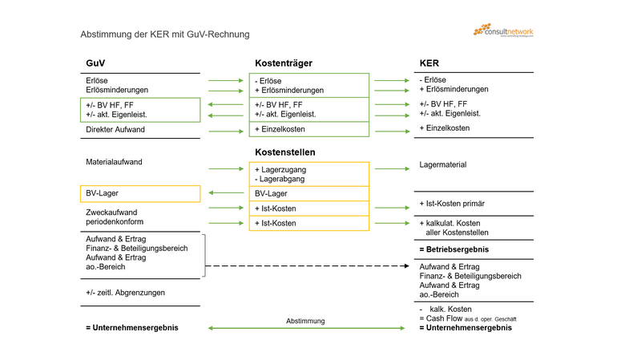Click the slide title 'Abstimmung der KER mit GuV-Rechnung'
coord(164,34)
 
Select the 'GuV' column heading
coord(95,63)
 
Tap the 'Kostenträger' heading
coord(283,63)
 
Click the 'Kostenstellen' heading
coord(284,152)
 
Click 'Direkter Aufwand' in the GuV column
coord(115,129)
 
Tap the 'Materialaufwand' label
coord(114,162)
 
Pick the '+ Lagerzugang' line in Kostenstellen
coord(280,169)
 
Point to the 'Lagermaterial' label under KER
coord(442,164)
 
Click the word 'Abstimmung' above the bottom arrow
coord(305,321)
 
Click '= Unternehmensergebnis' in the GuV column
coord(131,328)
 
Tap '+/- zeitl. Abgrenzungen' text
coord(125,293)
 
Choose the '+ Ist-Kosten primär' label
coord(451,204)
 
